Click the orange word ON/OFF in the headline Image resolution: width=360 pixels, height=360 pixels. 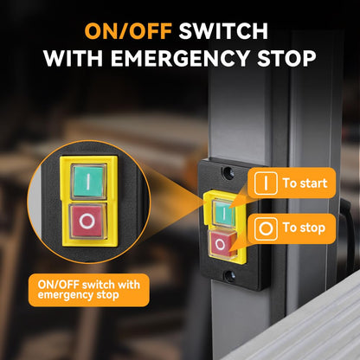tap(128, 31)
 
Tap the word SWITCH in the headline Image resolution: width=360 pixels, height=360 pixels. tap(223, 31)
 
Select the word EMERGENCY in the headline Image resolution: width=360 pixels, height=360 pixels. tap(180, 58)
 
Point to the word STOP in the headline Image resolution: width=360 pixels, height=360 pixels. tap(286, 58)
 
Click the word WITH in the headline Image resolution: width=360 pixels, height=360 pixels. tap(74, 58)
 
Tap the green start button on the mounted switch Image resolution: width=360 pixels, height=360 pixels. tap(223, 214)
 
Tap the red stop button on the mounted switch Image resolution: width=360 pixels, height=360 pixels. tap(222, 245)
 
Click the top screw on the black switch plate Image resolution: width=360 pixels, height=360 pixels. tap(228, 173)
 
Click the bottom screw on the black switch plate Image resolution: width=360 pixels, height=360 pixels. tap(229, 276)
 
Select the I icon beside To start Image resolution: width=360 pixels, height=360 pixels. tap(266, 183)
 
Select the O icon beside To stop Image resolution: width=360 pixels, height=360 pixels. tap(266, 228)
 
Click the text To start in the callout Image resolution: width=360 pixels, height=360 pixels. tap(305, 183)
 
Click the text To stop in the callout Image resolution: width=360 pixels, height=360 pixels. tap(304, 228)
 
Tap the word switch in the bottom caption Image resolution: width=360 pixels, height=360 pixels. tap(99, 285)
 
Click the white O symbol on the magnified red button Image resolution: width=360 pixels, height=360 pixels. tap(87, 222)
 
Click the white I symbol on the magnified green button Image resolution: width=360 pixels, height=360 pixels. tap(88, 182)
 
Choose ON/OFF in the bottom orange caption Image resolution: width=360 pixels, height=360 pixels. tap(59, 285)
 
